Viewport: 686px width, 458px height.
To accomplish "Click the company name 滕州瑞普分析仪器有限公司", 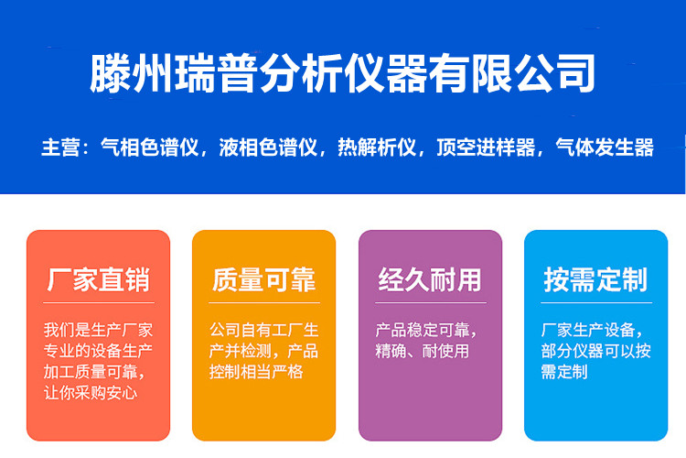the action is coord(343,73).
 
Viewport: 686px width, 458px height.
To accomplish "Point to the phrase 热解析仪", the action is coord(377,147).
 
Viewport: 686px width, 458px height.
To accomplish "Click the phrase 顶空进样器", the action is coord(486,147).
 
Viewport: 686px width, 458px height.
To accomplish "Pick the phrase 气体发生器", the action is coord(605,147).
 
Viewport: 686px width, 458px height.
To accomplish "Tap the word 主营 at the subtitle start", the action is coord(60,147).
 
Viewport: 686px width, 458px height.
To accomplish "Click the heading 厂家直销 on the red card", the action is coord(99,279).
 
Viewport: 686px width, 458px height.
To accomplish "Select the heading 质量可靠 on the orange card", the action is coord(263,279).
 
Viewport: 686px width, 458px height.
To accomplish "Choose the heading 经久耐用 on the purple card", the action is coord(430,279).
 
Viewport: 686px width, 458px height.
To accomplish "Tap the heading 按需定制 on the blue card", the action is coord(595,279).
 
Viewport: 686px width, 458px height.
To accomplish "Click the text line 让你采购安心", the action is coord(91,392).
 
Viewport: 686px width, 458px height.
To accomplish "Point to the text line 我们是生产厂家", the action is coord(99,330).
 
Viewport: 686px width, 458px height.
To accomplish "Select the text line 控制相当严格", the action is coord(256,372).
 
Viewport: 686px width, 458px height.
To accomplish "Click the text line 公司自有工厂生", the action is coord(263,330).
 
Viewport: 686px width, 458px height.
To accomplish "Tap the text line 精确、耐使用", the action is coord(423,351).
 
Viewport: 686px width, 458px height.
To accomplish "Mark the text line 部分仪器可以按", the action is coord(595,351).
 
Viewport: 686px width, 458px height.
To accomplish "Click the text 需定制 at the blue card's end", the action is coord(564,372).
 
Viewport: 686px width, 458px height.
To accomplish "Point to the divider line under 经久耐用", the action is coord(431,302).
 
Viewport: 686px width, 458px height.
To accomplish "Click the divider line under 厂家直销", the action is coord(99,302).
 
